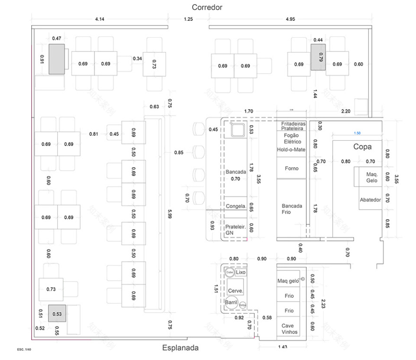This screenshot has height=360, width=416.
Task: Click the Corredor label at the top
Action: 207,7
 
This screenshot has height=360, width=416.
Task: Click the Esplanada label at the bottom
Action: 180,348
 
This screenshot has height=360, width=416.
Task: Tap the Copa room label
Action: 362,147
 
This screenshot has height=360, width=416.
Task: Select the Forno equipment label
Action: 292,168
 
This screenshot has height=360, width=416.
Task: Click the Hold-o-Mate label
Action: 291,150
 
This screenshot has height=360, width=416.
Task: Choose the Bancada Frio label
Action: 292,209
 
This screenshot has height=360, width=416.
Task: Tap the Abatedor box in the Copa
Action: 370,200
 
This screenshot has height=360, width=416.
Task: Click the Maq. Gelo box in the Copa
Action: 371,177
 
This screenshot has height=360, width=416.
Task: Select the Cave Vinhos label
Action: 287,329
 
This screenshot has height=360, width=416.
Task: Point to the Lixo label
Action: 241,273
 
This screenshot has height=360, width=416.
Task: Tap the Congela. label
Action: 235,206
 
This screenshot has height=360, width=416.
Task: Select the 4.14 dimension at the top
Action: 99,19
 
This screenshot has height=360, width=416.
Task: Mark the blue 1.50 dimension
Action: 357,134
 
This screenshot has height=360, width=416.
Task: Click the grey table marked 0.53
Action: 57,314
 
